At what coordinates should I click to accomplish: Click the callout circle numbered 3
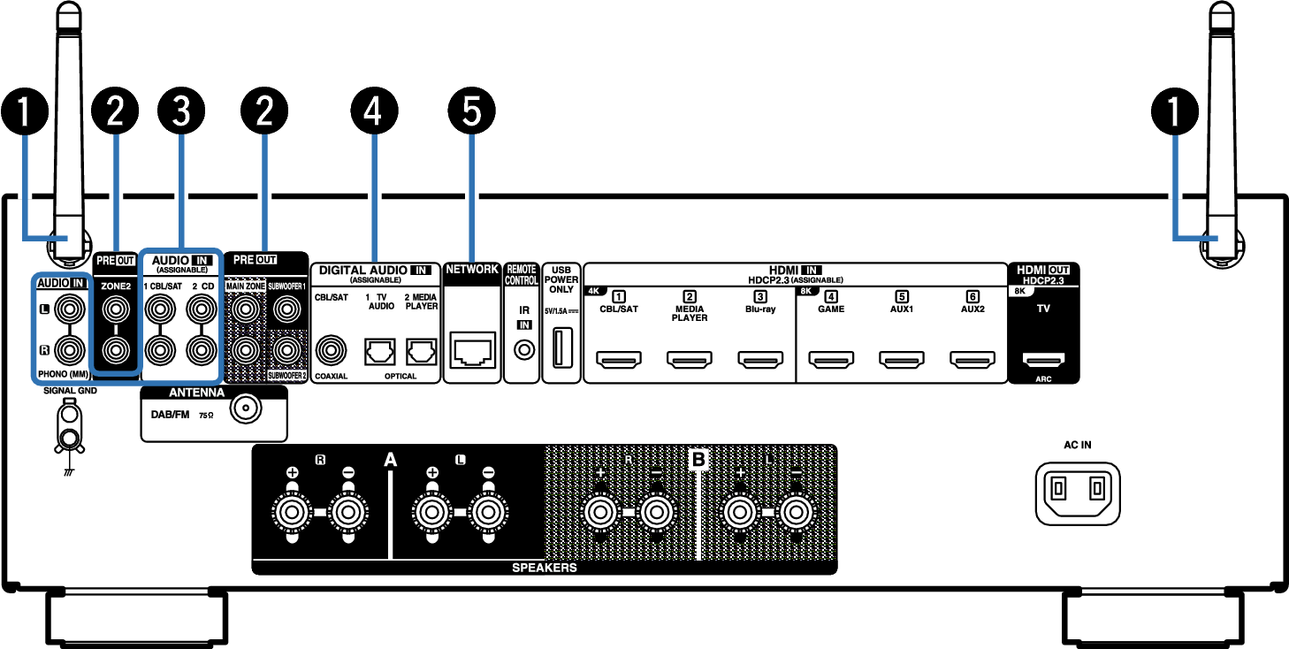coord(181,111)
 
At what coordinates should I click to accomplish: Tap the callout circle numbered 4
coord(374,111)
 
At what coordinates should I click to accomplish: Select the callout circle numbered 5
coord(471,111)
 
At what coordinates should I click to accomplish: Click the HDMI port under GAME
coord(831,360)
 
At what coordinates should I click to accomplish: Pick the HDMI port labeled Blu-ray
coord(760,360)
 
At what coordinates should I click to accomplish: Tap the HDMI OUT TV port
coord(1043,360)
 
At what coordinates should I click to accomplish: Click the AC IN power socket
coord(1078,493)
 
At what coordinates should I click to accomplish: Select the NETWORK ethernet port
coord(472,350)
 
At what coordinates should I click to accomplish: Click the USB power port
coord(562,347)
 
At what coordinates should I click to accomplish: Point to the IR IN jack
coord(524,350)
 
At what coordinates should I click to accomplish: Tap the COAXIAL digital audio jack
coord(331,350)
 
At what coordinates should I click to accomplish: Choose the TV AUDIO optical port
coord(380,352)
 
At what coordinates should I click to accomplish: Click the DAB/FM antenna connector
coord(246,408)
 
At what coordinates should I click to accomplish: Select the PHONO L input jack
coord(70,309)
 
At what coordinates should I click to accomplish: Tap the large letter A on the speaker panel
coord(390,459)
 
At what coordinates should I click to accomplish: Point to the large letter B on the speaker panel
coord(698,459)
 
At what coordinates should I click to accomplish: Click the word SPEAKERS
coord(545,568)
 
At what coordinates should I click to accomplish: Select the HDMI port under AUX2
coord(972,360)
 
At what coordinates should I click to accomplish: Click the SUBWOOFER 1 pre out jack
coord(286,309)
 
